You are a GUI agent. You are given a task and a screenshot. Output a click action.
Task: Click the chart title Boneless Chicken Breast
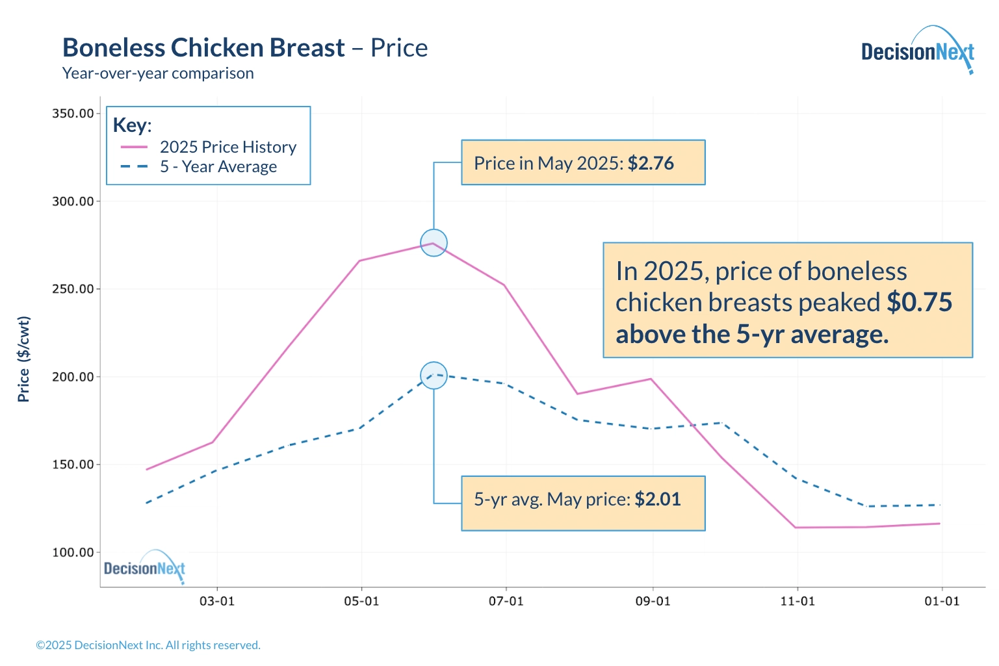tap(203, 48)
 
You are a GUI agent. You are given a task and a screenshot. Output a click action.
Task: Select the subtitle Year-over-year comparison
tap(158, 73)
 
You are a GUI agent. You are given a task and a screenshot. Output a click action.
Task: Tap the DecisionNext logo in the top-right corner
tap(917, 51)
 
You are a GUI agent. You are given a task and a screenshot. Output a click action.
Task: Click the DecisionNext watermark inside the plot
tap(144, 569)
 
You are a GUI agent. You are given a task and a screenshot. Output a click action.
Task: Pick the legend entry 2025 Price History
tap(227, 147)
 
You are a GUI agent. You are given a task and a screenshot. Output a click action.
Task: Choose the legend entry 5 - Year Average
tap(218, 167)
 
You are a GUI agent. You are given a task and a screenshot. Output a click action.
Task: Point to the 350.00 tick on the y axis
tap(73, 114)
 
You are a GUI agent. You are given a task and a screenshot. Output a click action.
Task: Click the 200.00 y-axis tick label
tap(73, 377)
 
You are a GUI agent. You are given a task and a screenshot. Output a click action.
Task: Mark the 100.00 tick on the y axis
tap(73, 552)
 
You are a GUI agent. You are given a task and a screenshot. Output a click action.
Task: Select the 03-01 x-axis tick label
tap(216, 601)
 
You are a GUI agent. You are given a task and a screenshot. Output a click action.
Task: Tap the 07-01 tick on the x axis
tap(506, 601)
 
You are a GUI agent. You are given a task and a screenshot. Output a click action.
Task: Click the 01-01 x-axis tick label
tap(942, 601)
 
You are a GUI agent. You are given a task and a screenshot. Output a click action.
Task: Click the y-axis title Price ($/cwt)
tap(24, 359)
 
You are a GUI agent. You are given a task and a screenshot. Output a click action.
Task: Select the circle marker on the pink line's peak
tap(434, 243)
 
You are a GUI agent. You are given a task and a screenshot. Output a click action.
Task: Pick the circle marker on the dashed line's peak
tap(434, 376)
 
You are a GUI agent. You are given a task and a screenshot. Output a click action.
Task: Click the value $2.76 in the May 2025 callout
tap(651, 163)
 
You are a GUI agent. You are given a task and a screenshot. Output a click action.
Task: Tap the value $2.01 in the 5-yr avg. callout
tap(658, 499)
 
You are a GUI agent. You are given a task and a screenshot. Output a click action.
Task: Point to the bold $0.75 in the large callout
tap(919, 302)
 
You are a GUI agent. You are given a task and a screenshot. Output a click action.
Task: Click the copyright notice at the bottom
tap(148, 645)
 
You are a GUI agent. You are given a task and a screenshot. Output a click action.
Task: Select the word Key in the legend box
tap(131, 125)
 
